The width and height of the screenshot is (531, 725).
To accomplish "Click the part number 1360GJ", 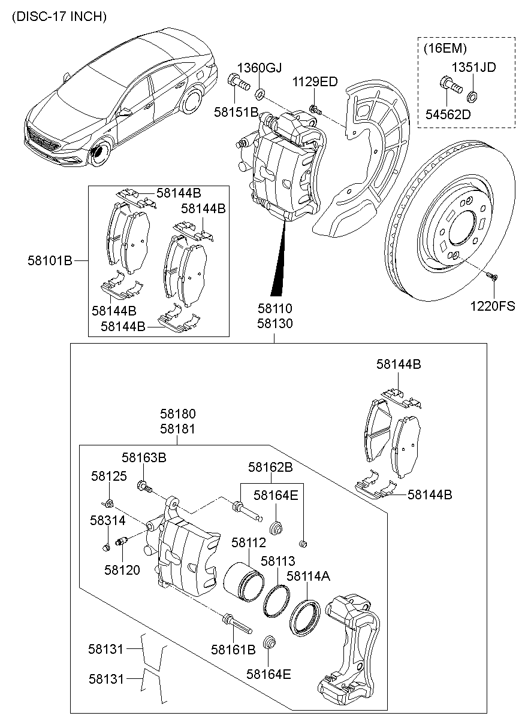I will pos(260,67).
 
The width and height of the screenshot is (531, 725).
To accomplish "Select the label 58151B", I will pos(237,112).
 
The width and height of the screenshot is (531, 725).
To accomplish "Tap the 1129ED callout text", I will pos(315,82).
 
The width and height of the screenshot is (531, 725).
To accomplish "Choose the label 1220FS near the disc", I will pos(492,306).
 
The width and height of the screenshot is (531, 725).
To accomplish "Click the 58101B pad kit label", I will pos(50,261).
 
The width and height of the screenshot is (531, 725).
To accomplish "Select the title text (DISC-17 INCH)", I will pos(59,17).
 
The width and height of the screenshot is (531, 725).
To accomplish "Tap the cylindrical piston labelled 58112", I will pos(243,581).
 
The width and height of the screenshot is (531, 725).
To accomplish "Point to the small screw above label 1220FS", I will pos(491,276).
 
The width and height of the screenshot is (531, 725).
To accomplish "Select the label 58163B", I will pos(144,457).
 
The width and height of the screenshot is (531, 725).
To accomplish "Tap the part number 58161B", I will pos(233,648).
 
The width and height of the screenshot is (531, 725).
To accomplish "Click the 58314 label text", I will pos(109,521).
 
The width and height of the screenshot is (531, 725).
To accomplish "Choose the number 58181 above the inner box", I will pos(177,429).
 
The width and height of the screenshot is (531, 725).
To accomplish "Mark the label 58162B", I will pos(270,467).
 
